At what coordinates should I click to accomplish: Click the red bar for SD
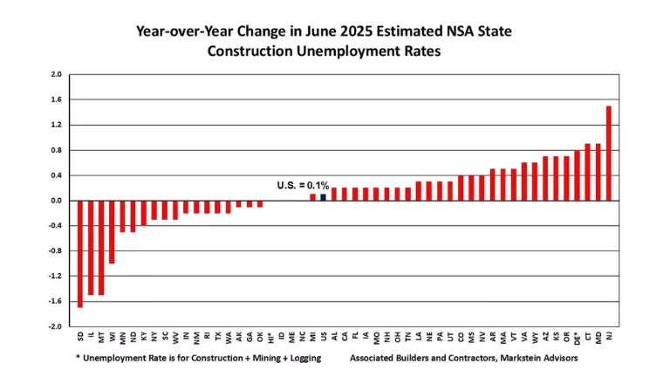coord(80,253)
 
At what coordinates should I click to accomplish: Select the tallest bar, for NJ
coord(608,154)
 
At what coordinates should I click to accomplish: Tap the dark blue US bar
coord(323,197)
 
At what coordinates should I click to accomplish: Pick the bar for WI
coord(112,232)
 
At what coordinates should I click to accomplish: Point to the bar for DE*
coord(577,175)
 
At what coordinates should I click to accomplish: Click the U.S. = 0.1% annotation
coord(303,185)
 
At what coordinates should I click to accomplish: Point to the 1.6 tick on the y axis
coord(55,99)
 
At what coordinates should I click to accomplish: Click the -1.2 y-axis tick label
coord(53,277)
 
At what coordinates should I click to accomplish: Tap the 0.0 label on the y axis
coord(55,201)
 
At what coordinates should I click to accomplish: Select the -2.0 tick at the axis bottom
coord(53,327)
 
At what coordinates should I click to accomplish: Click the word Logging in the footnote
coord(300,358)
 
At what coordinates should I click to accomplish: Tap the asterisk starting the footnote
coord(76,358)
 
